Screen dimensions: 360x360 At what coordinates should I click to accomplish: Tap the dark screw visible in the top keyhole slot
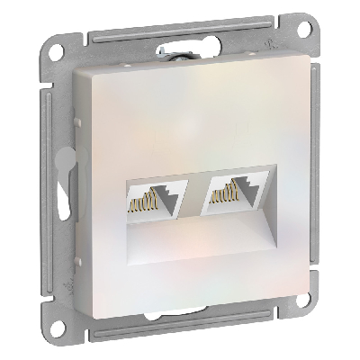pyautogui.click(x=188, y=56)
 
